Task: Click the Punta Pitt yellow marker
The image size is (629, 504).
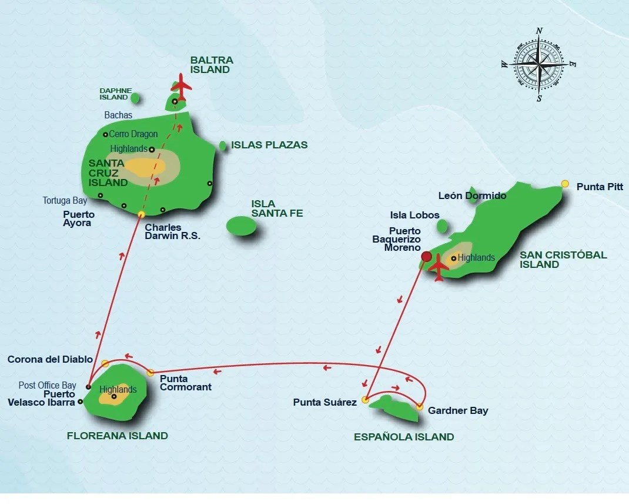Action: coord(565,184)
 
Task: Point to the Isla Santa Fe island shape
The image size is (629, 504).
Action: coord(241,226)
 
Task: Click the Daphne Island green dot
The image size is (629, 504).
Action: coord(135,98)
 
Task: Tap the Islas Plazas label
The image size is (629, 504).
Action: coord(269,145)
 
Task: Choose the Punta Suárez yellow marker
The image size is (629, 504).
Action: coord(365,400)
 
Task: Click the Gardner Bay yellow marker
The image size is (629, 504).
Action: coord(419,407)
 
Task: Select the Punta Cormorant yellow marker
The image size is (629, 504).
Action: coord(150,373)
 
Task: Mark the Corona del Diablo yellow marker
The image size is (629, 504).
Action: coord(105,363)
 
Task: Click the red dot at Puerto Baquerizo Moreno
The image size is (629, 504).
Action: coord(426,256)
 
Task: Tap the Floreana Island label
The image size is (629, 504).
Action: coord(125,436)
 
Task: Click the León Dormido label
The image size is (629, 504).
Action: coord(472,195)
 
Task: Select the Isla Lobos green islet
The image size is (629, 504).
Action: coord(443,226)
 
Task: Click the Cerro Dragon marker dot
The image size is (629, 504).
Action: coord(105,134)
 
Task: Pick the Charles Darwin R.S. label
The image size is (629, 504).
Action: coord(172,232)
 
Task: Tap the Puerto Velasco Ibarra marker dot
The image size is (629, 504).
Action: coord(81,403)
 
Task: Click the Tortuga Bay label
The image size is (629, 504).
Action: coord(65,201)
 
